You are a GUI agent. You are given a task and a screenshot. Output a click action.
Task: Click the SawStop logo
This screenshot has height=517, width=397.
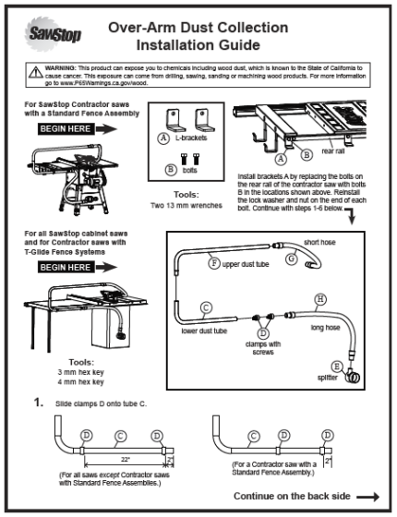[45, 36]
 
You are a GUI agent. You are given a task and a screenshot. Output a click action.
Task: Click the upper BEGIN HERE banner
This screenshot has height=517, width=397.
[69, 128]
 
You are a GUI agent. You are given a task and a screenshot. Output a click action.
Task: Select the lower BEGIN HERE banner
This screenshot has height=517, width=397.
[69, 267]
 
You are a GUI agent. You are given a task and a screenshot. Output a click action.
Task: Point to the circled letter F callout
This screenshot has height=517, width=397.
[214, 263]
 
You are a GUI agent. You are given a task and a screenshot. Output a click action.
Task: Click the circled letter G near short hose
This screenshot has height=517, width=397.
[290, 260]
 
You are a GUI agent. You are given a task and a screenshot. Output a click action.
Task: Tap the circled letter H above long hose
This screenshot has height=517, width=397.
[319, 298]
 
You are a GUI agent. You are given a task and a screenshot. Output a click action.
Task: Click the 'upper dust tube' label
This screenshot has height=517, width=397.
[247, 264]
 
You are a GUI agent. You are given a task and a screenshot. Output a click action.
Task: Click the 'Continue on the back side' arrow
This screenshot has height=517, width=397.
[367, 496]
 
